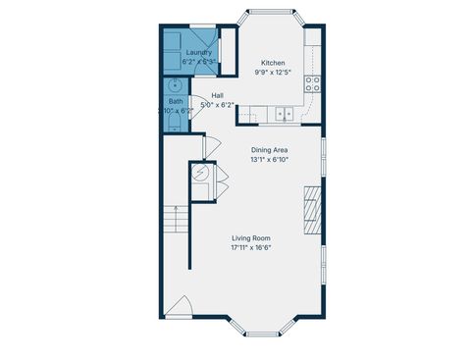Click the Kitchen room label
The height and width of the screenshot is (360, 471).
273,62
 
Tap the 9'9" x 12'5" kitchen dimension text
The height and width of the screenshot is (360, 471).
273,72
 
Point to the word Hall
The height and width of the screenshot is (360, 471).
218,95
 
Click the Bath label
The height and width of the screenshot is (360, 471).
175,101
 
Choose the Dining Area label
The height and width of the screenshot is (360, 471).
268,150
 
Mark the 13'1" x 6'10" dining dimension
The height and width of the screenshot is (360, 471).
268,160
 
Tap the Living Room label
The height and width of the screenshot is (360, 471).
251,238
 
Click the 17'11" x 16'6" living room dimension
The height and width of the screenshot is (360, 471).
251,248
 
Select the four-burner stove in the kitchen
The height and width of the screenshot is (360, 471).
315,83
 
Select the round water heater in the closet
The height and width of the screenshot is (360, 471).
200,174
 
